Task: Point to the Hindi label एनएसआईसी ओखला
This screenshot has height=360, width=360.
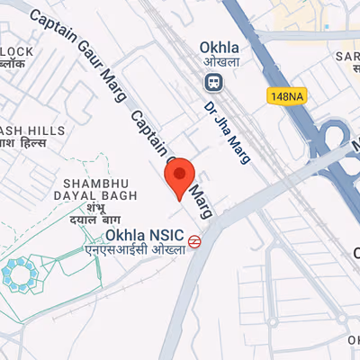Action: (x=135, y=249)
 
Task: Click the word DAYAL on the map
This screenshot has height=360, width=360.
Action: (x=84, y=194)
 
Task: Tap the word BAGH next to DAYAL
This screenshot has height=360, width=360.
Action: (x=121, y=194)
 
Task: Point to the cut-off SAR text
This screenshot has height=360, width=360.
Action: (x=347, y=56)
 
